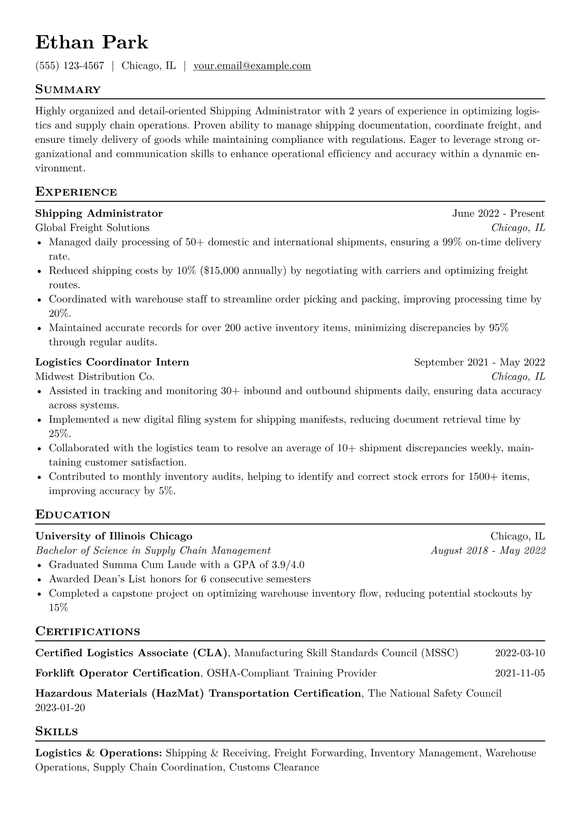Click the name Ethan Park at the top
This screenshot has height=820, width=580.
[92, 43]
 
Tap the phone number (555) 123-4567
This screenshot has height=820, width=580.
[70, 66]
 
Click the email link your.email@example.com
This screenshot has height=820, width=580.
[252, 66]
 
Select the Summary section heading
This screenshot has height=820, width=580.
[68, 90]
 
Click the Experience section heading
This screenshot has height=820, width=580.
[76, 192]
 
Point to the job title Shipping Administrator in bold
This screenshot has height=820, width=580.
[99, 213]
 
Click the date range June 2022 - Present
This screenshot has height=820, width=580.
[498, 213]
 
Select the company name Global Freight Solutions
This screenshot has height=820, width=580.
[93, 228]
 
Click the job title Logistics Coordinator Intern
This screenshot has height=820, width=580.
[112, 362]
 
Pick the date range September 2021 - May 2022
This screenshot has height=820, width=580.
[479, 362]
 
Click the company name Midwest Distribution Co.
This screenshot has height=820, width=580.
[95, 377]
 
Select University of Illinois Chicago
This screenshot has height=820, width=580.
[114, 536]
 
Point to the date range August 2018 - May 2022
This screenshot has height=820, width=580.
[488, 551]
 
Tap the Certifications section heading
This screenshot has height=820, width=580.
[88, 632]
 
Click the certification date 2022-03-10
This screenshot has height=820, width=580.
[520, 653]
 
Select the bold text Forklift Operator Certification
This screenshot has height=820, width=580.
[117, 673]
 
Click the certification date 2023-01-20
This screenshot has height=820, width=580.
[60, 707]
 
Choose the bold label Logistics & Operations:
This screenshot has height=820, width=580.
[99, 753]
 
